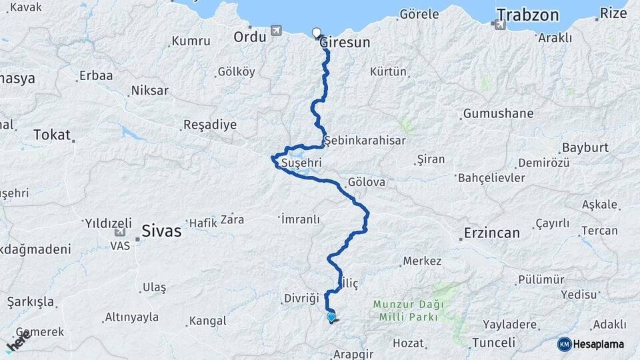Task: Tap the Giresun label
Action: coord(345,43)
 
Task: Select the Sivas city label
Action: coord(161,231)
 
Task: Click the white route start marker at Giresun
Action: coord(317,31)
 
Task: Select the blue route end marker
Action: coord(331,317)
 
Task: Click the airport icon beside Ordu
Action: coord(276,31)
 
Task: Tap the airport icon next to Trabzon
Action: coord(499,25)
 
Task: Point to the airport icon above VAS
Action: coord(120,233)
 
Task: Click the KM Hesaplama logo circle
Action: coord(564,344)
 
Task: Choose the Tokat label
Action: coord(52,135)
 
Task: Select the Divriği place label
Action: coord(302,298)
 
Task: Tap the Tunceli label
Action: coord(493,343)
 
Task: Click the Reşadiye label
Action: coord(210,125)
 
